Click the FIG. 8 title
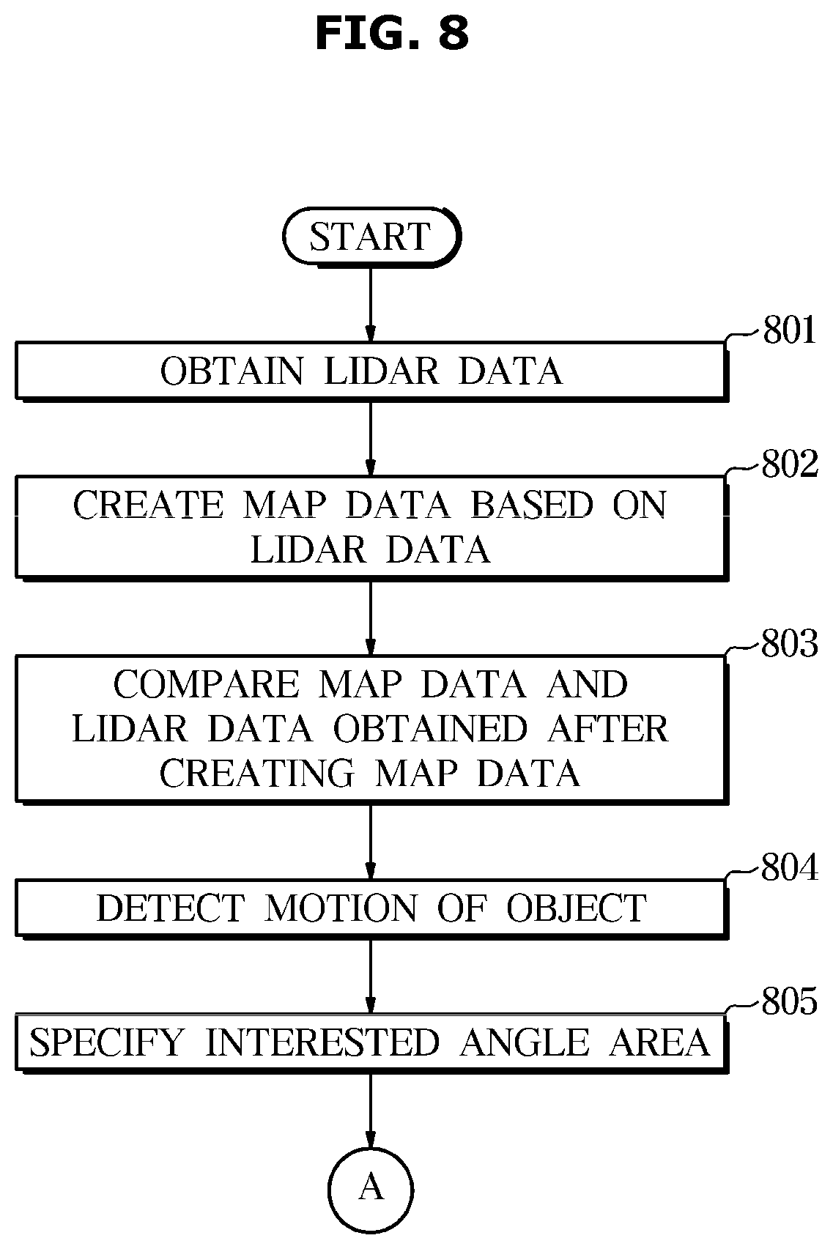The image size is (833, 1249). [x=391, y=33]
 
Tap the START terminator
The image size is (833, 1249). [x=372, y=237]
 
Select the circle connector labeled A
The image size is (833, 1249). [x=371, y=1190]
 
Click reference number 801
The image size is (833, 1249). [x=788, y=330]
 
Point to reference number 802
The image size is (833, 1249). [x=790, y=464]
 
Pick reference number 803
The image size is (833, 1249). [x=790, y=643]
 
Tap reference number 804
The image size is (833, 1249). [x=790, y=867]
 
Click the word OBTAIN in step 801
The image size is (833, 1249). [x=232, y=371]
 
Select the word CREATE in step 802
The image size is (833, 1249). [x=148, y=505]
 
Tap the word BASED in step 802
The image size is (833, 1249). [x=532, y=505]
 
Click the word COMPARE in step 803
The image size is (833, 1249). [x=207, y=684]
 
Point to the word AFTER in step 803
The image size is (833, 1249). [x=608, y=729]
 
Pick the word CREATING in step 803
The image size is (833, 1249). [x=257, y=774]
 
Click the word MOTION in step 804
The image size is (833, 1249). [x=340, y=908]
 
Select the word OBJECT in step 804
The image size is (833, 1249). [x=577, y=908]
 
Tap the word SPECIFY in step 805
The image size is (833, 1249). [x=106, y=1042]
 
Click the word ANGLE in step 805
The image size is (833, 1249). [x=525, y=1042]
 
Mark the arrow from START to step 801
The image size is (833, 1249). [x=371, y=305]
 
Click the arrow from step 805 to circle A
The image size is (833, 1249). [x=371, y=1110]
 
